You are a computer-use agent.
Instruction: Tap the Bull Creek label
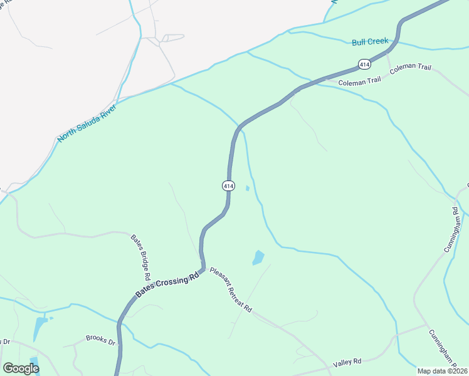point(370,42)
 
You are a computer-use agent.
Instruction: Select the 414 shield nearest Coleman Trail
point(364,64)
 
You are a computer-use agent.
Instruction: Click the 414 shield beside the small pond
point(228,185)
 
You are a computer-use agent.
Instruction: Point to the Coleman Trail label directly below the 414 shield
point(359,81)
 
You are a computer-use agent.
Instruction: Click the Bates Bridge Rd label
point(140,257)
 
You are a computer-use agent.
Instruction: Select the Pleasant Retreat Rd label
point(231,291)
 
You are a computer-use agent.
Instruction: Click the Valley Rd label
point(348,362)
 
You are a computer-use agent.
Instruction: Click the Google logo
point(21,368)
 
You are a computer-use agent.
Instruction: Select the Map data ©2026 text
point(442,370)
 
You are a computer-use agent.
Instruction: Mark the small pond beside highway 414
point(248,188)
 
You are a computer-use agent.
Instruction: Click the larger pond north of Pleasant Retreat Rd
point(258,258)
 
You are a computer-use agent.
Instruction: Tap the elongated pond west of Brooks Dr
point(40,327)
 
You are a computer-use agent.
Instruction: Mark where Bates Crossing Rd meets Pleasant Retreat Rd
point(204,270)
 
